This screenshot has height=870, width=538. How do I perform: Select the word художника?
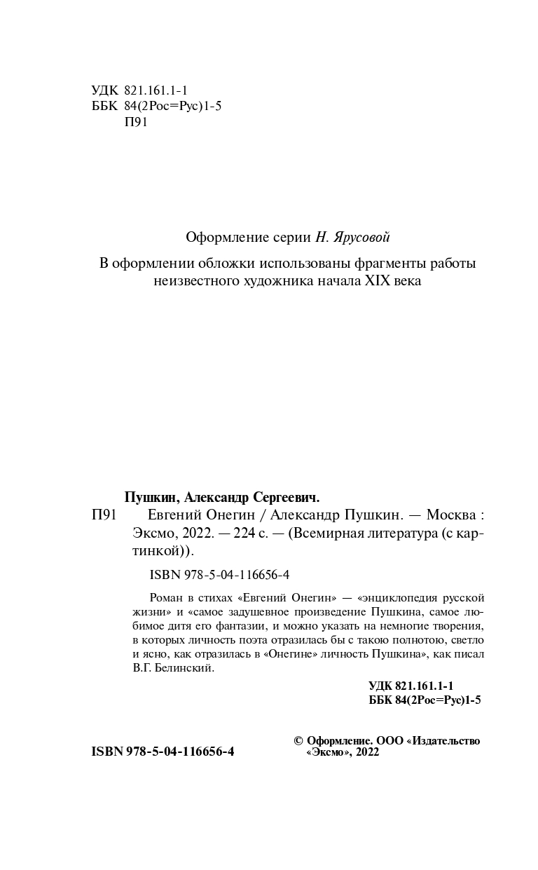pos(270,281)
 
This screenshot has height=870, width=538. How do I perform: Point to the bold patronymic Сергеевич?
pos(285,498)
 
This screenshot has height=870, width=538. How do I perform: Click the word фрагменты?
pos(379,264)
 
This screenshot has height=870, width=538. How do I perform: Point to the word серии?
pos(289,238)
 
